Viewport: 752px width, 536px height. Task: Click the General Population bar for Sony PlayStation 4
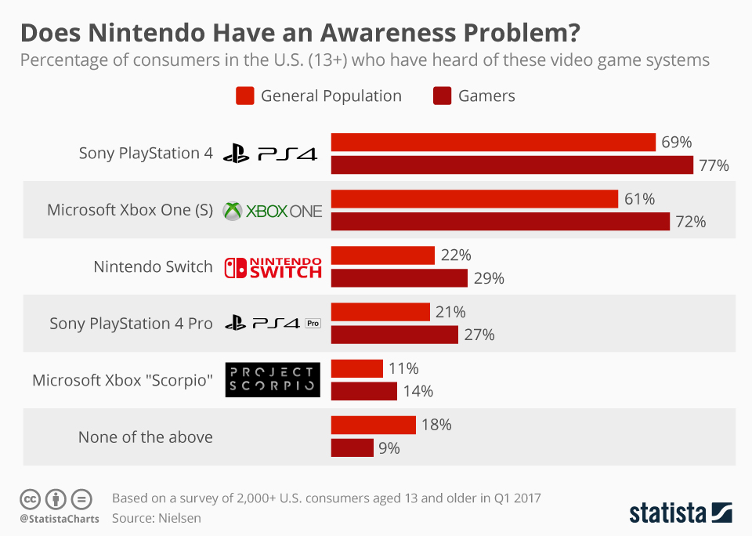coord(493,142)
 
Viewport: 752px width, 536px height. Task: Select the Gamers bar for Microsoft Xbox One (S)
coord(500,222)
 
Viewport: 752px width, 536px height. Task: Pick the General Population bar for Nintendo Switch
coord(382,255)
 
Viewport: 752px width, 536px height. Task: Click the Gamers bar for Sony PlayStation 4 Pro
coord(394,335)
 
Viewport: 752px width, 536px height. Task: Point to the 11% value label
coord(404,368)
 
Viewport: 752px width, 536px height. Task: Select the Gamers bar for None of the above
coord(352,447)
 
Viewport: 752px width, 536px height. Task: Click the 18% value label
coord(436,425)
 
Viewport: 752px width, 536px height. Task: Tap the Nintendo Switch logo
coord(273,267)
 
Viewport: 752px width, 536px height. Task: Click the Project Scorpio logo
coord(273,380)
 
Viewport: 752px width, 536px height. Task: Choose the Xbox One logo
coord(273,211)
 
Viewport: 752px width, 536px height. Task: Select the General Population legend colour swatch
coord(244,96)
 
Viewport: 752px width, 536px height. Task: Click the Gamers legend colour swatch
coord(441,96)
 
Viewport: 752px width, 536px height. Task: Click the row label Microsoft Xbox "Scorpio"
coord(122,380)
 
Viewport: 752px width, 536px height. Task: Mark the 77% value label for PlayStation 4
coord(714,165)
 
